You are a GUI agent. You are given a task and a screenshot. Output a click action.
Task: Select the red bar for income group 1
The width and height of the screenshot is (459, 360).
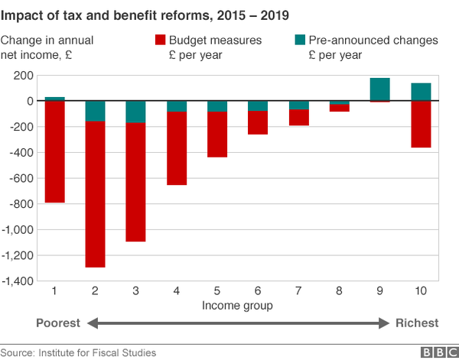point(54,151)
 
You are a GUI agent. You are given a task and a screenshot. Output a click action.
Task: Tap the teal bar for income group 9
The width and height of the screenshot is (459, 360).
point(380,89)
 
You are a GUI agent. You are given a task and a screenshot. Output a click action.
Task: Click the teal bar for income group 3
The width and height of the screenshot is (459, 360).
point(135,112)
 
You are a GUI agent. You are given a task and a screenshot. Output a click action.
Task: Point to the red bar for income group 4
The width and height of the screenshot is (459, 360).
point(177,148)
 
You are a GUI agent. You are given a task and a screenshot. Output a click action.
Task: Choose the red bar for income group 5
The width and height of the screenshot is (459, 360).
point(217,135)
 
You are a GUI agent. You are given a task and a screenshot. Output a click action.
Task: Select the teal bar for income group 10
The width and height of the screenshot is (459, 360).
point(421,92)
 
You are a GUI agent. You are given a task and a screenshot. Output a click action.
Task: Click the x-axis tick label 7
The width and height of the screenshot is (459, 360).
point(299,291)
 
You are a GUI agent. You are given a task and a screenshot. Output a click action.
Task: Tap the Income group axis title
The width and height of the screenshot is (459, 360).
point(237,306)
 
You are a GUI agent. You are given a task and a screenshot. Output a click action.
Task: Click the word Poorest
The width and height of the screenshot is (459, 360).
point(58,323)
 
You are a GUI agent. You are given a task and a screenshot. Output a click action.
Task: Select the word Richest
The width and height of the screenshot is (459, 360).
point(417,323)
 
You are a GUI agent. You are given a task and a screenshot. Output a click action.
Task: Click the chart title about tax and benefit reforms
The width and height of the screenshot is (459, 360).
point(145,14)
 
